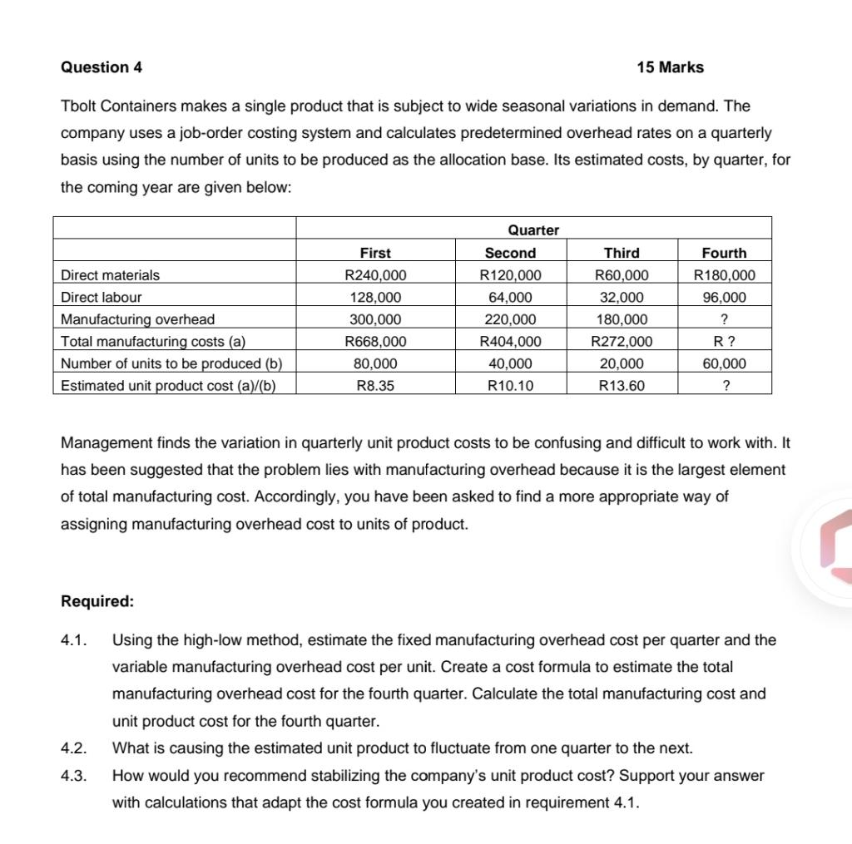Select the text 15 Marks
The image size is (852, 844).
coord(670,67)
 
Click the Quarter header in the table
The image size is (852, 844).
coord(533,230)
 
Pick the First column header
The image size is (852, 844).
coord(375,253)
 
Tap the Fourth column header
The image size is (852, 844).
coord(724,253)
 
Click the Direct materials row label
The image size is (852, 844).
coord(111,275)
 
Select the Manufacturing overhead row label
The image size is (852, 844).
coord(138,319)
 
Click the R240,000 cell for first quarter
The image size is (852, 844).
coord(375,275)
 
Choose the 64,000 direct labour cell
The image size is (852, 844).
coord(510,297)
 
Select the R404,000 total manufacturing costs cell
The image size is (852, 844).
coord(510,341)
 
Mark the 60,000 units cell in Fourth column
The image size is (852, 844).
coord(724,363)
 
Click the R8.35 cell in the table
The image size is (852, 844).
coord(375,385)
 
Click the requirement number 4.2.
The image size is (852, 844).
coord(75,748)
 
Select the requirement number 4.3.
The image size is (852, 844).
coord(75,776)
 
